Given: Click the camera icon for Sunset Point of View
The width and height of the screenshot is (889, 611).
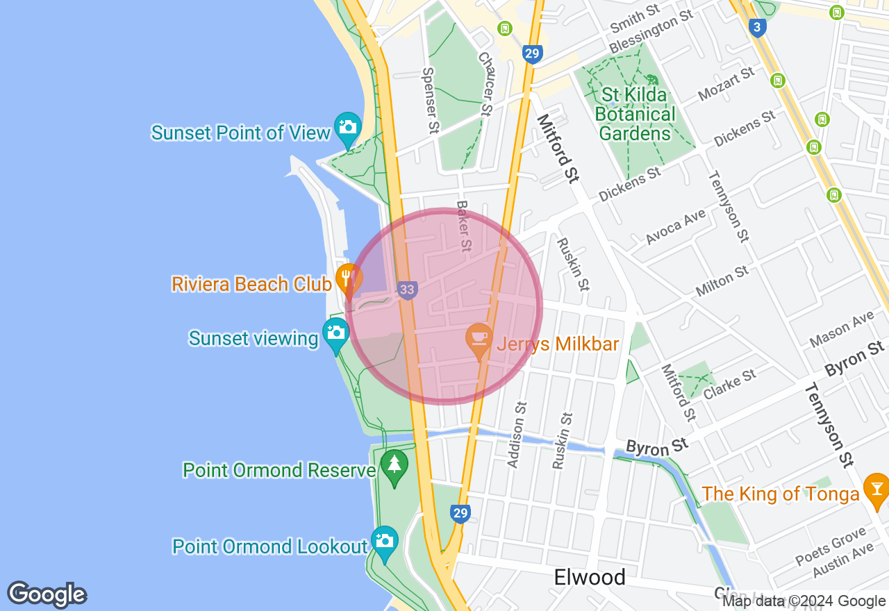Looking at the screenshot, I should [x=347, y=126].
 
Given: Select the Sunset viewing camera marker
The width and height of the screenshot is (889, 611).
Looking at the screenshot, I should [x=335, y=331].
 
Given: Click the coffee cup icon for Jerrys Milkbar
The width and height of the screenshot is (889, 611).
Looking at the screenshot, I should [x=479, y=337].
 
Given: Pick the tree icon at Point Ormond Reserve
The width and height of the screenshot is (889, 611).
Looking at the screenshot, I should [x=394, y=463].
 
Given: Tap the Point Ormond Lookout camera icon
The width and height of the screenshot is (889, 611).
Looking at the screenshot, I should [x=384, y=539].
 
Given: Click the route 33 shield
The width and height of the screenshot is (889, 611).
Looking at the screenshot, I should [x=408, y=290].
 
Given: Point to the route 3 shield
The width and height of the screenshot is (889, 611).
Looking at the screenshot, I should [x=758, y=27].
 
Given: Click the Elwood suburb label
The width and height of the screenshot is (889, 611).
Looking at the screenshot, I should [x=590, y=577].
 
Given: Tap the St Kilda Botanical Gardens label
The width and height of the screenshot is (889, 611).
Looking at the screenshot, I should [x=635, y=114].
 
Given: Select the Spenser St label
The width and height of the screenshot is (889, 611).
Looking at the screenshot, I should [x=431, y=100].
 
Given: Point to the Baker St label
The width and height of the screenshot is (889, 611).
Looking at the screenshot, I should [x=464, y=226].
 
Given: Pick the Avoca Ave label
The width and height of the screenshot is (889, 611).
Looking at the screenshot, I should [x=676, y=226].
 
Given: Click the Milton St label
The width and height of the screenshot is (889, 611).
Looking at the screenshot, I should [x=722, y=280].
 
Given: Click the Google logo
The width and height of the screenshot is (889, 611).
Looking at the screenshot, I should [x=47, y=595].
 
